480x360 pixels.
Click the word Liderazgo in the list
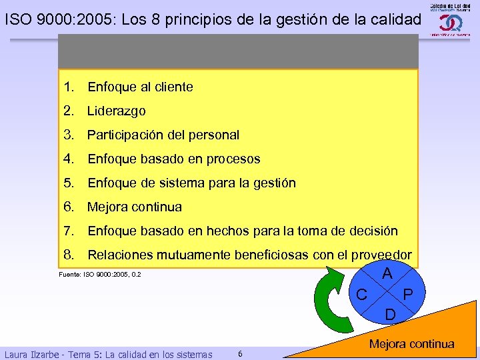click(x=117, y=111)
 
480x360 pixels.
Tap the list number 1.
click(x=68, y=87)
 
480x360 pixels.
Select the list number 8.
click(x=68, y=255)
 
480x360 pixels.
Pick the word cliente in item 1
click(x=169, y=87)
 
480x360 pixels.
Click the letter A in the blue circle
click(x=387, y=273)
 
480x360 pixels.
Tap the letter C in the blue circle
click(x=361, y=293)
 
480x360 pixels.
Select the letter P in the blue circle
click(x=409, y=295)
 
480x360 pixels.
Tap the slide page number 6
click(x=240, y=353)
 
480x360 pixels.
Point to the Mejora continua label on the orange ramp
click(x=411, y=344)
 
